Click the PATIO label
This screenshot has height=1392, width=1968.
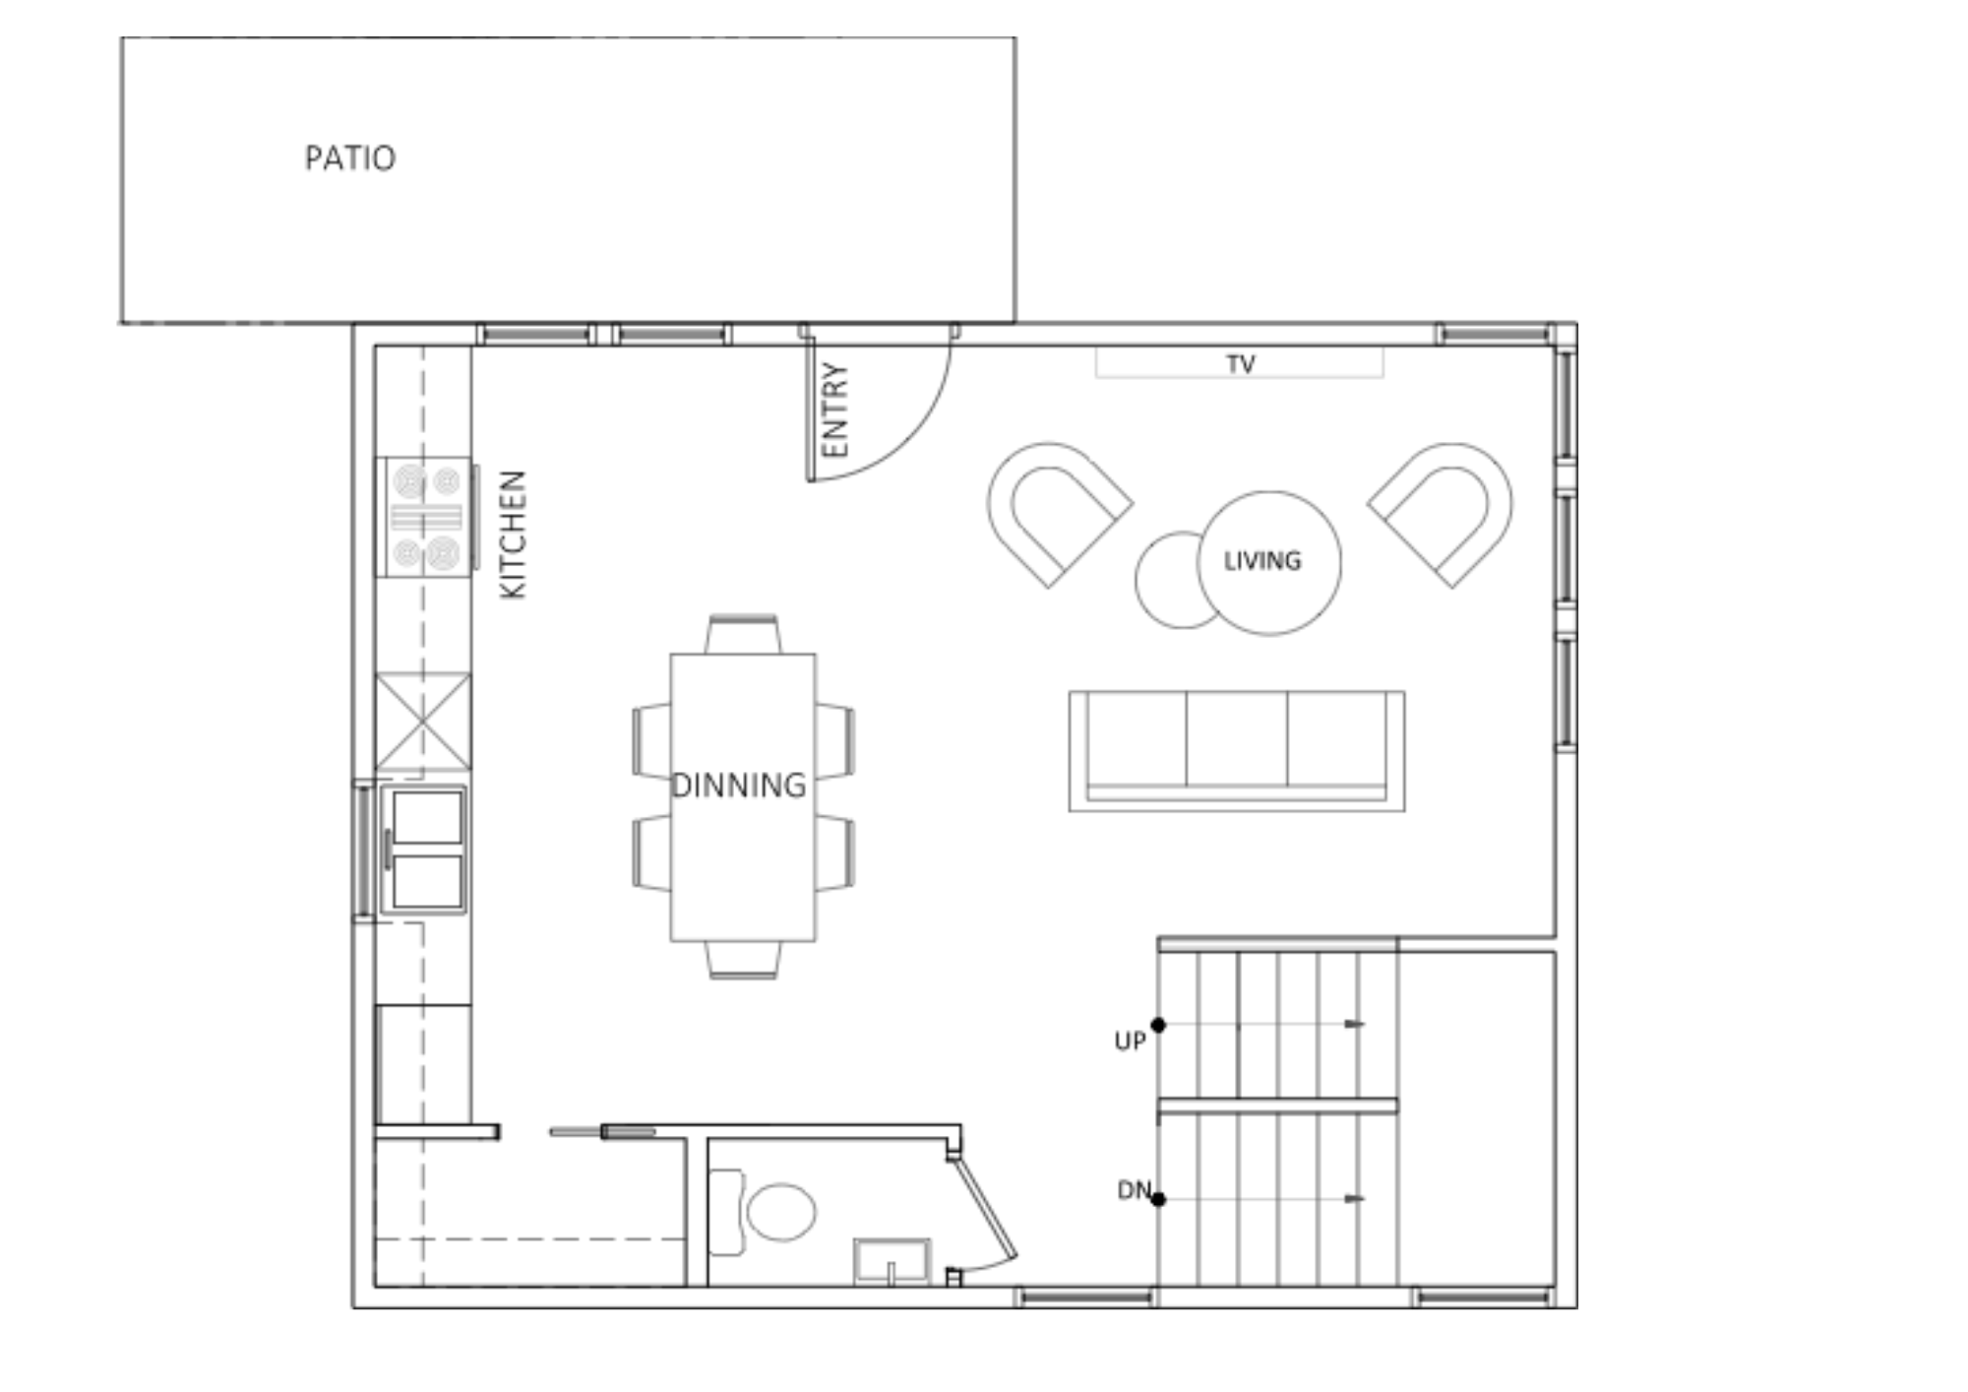[350, 158]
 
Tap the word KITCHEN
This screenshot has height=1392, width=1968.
[514, 535]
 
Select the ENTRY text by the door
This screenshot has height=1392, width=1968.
[834, 410]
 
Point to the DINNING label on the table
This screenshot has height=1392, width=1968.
[739, 786]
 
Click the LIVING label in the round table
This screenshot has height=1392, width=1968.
[1262, 561]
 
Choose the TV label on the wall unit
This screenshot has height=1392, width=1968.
[1241, 364]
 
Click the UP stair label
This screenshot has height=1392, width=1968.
[1130, 1041]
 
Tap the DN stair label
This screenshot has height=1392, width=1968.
[1134, 1190]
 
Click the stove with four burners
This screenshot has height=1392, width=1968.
[426, 517]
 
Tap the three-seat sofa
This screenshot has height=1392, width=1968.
[1237, 751]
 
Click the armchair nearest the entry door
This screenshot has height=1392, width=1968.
[1058, 514]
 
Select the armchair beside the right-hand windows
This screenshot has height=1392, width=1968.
[1443, 514]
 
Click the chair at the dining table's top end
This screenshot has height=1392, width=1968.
[743, 635]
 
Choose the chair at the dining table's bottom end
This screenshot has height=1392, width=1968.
[743, 960]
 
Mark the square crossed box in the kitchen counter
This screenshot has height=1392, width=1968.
[423, 722]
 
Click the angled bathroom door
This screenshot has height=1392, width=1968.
[984, 1209]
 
